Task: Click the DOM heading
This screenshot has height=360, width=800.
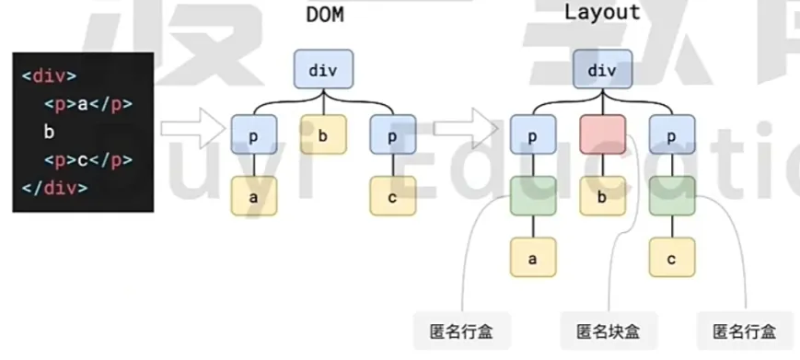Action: (324, 16)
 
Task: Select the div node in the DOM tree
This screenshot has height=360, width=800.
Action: (324, 70)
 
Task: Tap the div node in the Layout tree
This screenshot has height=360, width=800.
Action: (602, 70)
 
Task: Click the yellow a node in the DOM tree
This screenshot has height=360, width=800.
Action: (253, 196)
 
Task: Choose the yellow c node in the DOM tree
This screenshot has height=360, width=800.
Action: (393, 196)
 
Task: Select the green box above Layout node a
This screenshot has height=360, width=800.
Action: (532, 196)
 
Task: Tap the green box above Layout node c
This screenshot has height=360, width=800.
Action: (672, 196)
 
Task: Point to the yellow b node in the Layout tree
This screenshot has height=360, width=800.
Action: (602, 196)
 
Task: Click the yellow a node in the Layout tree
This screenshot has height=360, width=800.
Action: (532, 259)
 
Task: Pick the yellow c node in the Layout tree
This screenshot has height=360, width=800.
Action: (672, 259)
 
